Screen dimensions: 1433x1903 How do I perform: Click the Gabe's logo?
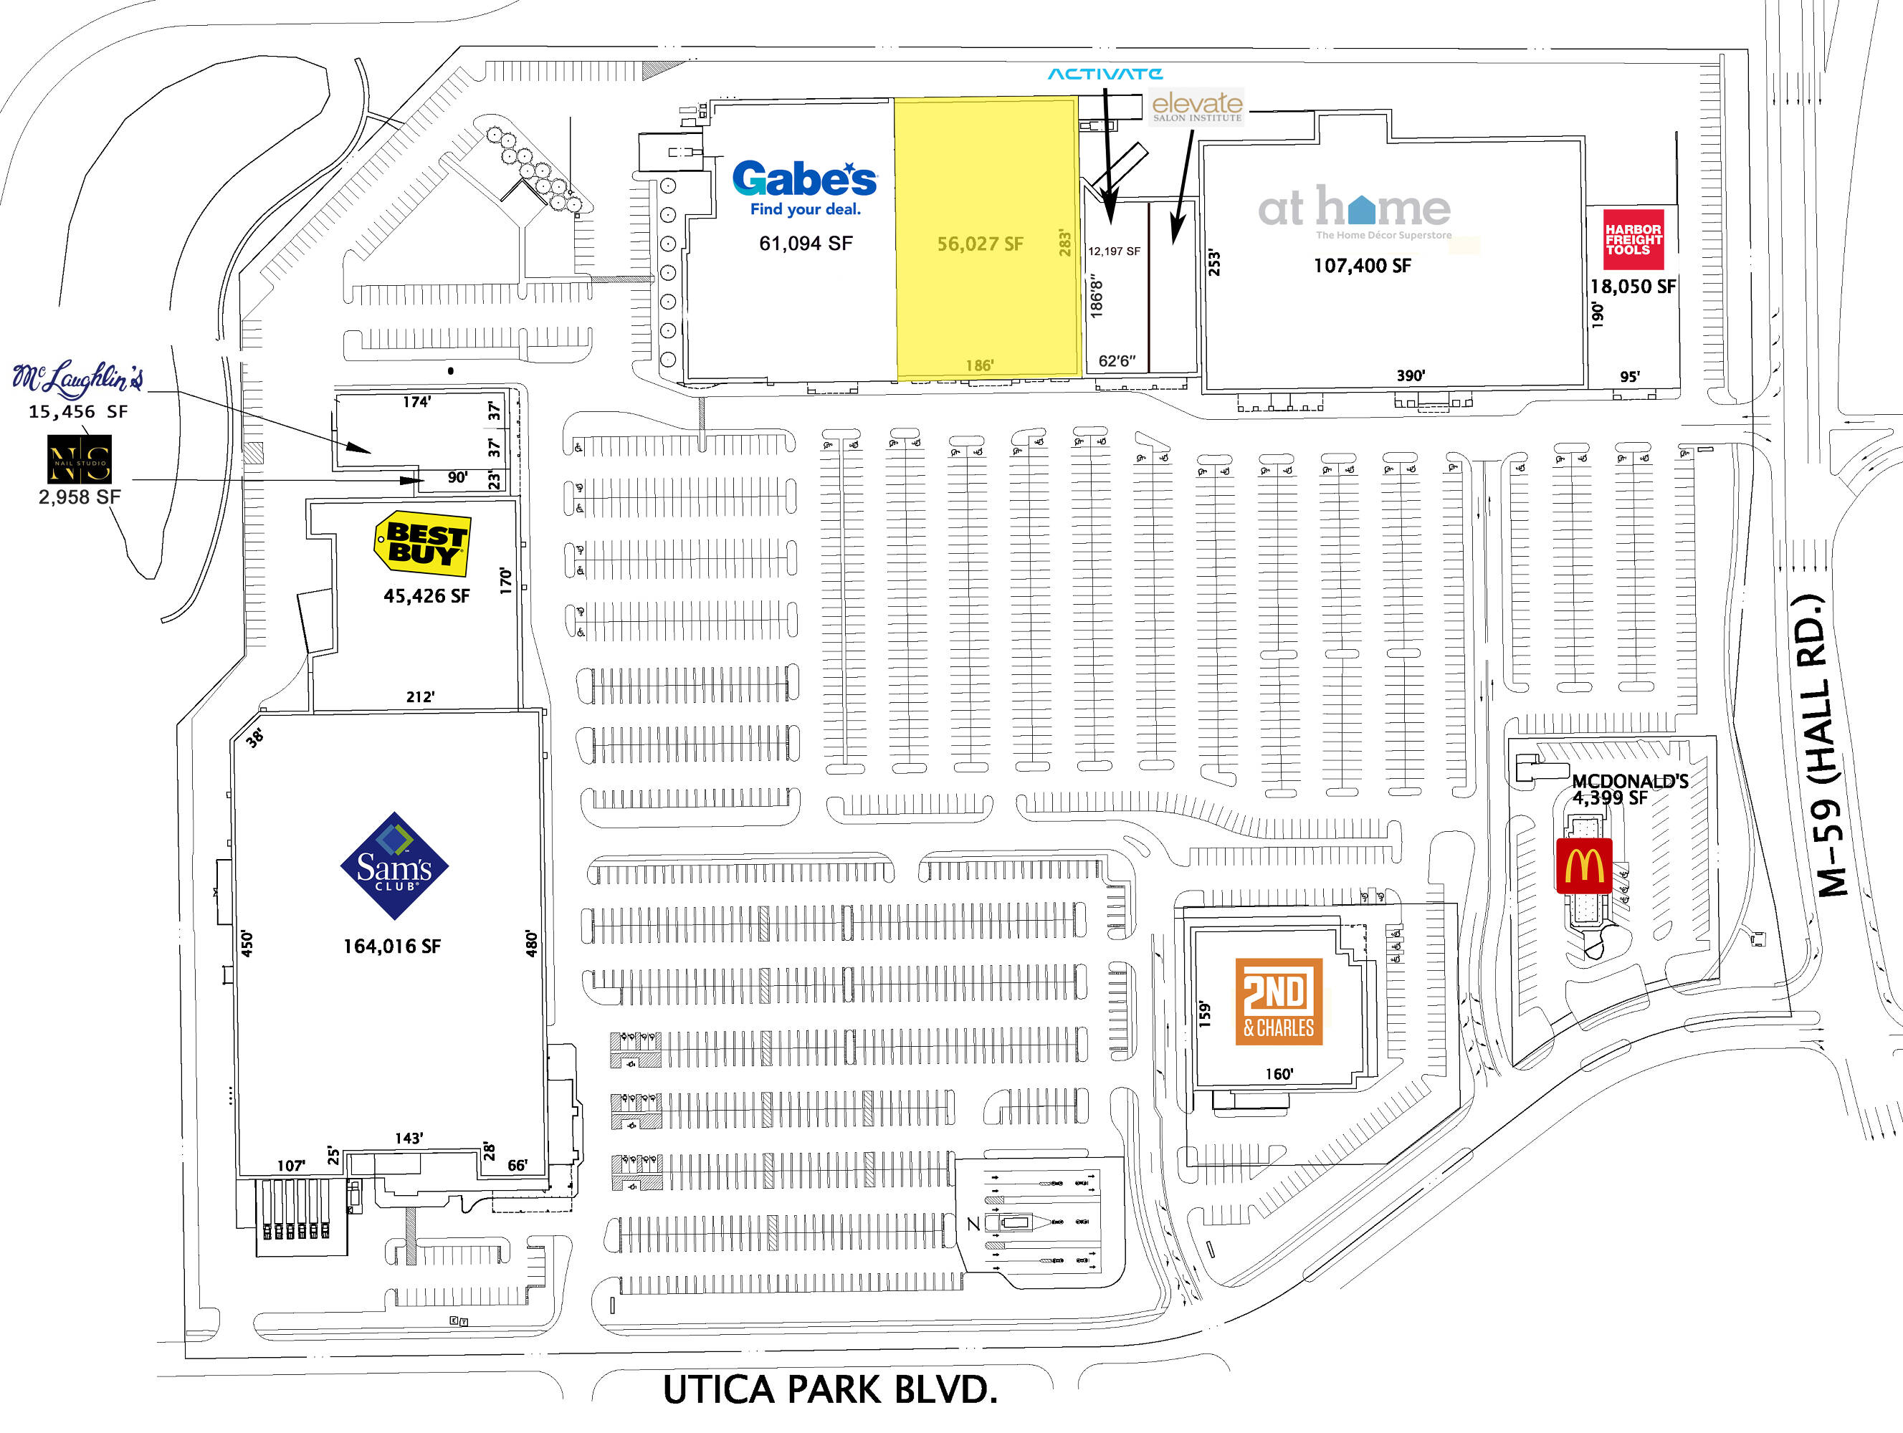804,188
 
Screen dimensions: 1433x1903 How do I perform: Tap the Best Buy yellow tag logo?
422,544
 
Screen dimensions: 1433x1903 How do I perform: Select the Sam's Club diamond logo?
394,866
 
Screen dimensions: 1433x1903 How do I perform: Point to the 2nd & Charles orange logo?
1279,1001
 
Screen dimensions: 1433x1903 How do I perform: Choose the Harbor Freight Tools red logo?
1633,239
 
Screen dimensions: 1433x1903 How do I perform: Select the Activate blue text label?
1105,74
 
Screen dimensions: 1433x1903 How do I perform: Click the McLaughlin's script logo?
77,378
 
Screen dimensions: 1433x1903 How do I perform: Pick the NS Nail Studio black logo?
78,459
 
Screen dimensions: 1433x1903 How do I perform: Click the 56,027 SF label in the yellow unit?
980,244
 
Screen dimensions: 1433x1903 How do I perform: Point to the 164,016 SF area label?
391,946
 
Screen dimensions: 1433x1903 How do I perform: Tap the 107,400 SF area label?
1362,266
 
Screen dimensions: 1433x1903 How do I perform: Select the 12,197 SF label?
1114,251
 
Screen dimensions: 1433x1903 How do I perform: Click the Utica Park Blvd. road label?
830,1390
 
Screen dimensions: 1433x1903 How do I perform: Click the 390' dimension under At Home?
1410,375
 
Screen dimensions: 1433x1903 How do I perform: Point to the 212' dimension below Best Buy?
420,696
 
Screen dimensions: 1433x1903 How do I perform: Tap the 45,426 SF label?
426,596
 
